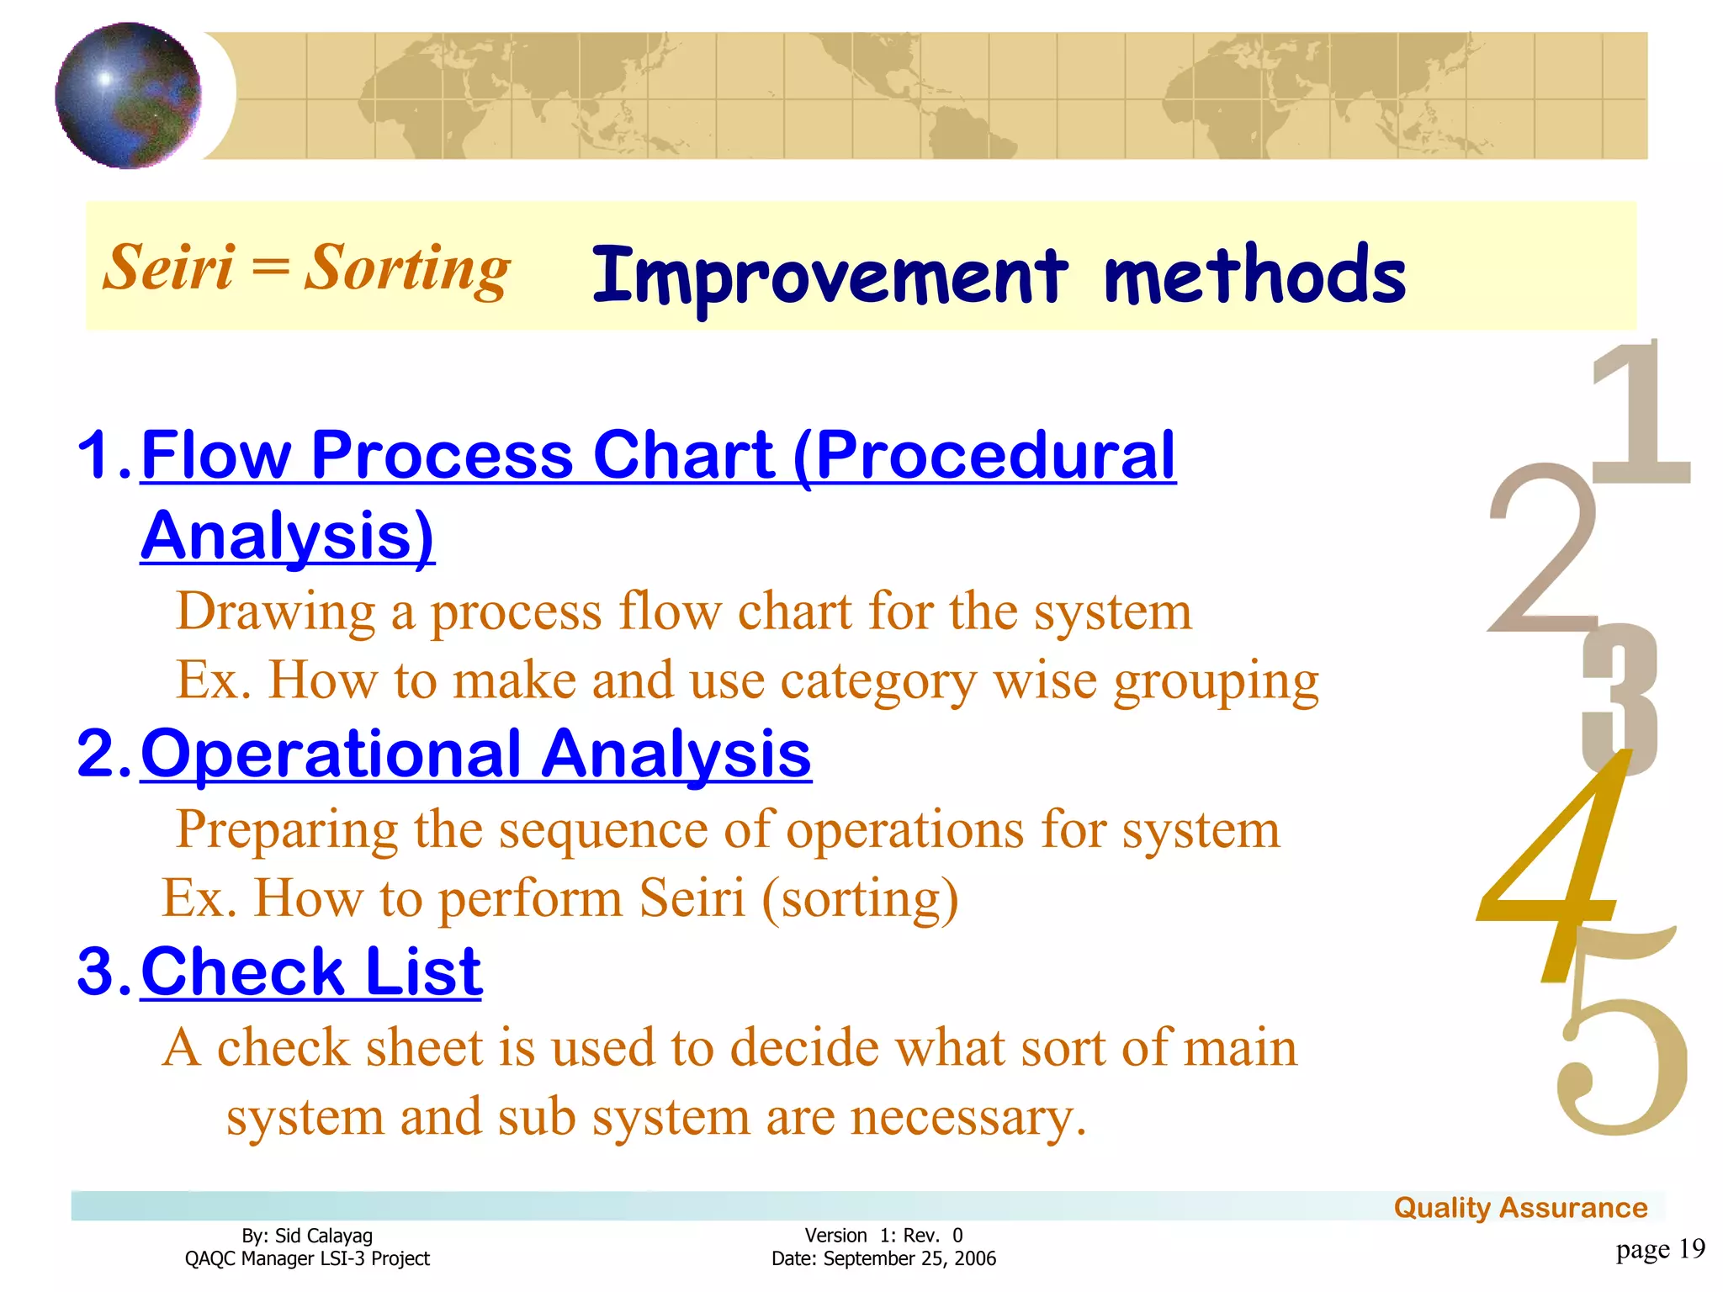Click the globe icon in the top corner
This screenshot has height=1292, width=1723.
[128, 95]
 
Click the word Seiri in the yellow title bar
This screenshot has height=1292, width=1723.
[168, 267]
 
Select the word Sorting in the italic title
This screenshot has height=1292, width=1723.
[407, 269]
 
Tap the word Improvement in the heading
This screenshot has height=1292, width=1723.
[829, 276]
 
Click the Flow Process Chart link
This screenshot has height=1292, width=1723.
[656, 456]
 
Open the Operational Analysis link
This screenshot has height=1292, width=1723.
[475, 754]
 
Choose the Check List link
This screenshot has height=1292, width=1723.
[311, 972]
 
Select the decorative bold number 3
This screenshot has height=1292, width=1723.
[1620, 698]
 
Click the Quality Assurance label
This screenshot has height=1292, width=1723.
[1520, 1208]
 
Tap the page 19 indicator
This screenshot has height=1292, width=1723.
[1660, 1249]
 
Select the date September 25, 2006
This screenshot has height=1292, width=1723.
[909, 1258]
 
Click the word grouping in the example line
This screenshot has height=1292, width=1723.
[1216, 681]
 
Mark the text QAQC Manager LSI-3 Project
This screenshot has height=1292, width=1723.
[307, 1258]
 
